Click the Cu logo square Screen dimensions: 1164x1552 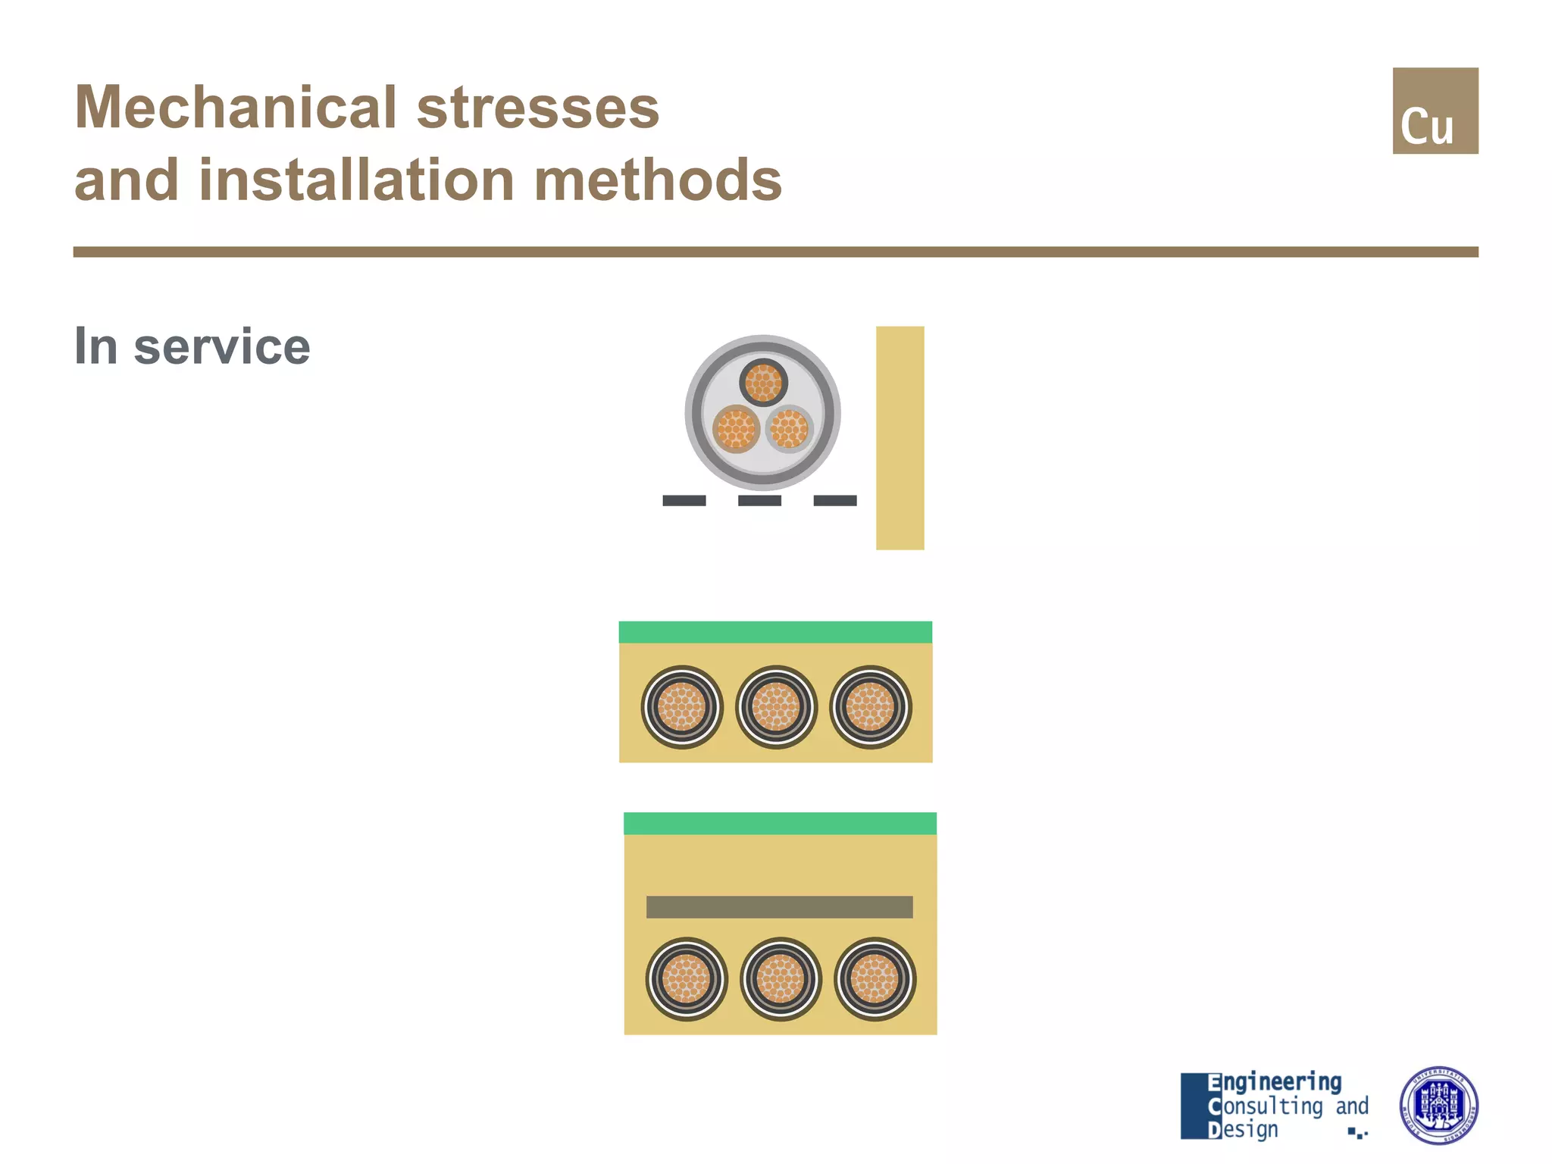(x=1435, y=111)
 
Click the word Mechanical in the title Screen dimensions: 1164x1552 (x=235, y=108)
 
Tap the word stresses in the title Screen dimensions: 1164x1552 (x=537, y=108)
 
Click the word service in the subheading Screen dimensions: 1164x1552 (x=221, y=346)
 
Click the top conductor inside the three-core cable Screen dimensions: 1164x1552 (x=763, y=382)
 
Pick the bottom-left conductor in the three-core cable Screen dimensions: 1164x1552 (x=736, y=429)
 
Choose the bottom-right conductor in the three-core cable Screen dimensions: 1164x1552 (x=789, y=428)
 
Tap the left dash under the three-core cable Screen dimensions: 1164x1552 (x=684, y=500)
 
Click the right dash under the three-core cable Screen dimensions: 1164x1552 (x=834, y=500)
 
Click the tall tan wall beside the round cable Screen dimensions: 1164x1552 (x=900, y=438)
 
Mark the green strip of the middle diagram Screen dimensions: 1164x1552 (x=775, y=632)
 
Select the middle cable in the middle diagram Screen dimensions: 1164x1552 (x=776, y=707)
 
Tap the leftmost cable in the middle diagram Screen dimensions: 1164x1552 (x=682, y=707)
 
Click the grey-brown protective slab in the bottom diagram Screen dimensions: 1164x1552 (x=779, y=907)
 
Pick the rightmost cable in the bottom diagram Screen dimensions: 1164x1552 (x=875, y=979)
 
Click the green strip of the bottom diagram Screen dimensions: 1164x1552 (x=780, y=823)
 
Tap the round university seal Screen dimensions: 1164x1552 (x=1438, y=1105)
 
